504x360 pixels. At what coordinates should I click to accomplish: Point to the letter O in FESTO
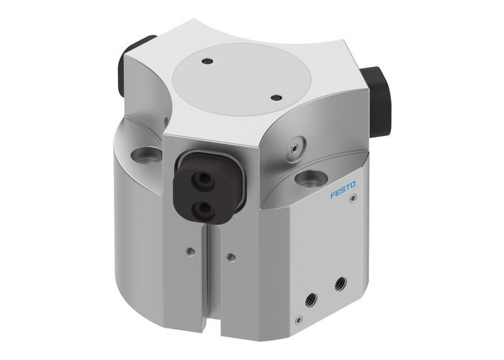point(356,187)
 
